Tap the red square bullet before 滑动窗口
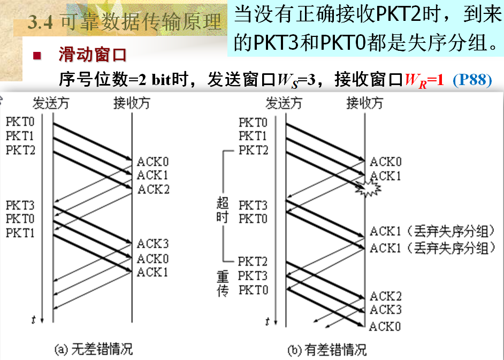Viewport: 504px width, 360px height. pos(37,56)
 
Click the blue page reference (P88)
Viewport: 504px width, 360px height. pos(472,80)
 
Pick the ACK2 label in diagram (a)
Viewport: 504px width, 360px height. pos(154,189)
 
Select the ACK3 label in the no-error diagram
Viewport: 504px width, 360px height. pos(152,244)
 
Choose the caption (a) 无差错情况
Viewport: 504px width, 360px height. pos(94,350)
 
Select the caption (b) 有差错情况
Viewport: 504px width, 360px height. pos(327,350)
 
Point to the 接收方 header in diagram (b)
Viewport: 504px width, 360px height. pos(364,103)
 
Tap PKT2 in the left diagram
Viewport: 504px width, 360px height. pos(21,150)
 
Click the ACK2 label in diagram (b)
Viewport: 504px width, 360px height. pos(386,296)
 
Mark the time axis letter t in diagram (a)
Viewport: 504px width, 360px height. pos(34,320)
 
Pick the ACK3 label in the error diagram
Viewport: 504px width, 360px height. pos(386,310)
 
